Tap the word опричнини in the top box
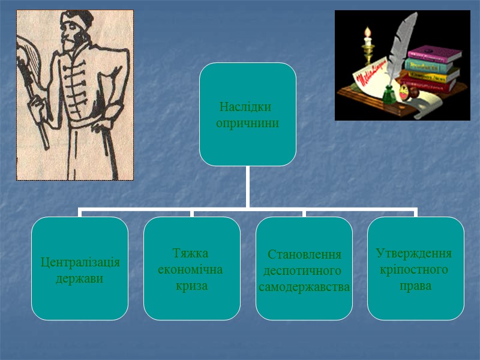pos(247,122)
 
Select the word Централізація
pos(80,263)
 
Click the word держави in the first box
pos(79,279)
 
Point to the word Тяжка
pos(190,253)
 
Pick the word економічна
pos(190,269)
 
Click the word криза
pos(191,286)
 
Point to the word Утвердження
pos(414,253)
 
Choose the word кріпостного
pos(414,269)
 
